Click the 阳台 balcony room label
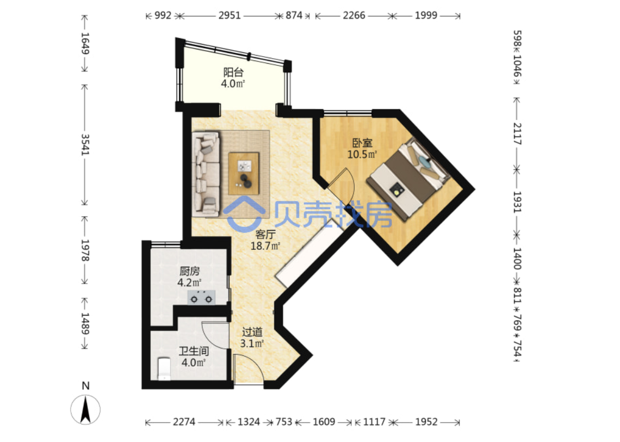[x=233, y=72]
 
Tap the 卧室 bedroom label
[x=362, y=143]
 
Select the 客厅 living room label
[x=265, y=235]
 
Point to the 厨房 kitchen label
[x=189, y=272]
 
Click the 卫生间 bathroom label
[x=194, y=351]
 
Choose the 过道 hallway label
[x=252, y=332]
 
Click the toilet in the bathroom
[x=164, y=369]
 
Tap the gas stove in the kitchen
[x=201, y=297]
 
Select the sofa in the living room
[x=206, y=174]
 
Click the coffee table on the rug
[x=244, y=174]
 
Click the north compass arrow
[x=85, y=410]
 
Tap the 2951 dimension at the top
[x=230, y=15]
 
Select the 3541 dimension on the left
[x=85, y=145]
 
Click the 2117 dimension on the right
[x=517, y=134]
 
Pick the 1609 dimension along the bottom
[x=324, y=422]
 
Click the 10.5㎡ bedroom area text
[x=362, y=155]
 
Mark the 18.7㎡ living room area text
[x=265, y=246]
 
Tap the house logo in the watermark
[x=244, y=214]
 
